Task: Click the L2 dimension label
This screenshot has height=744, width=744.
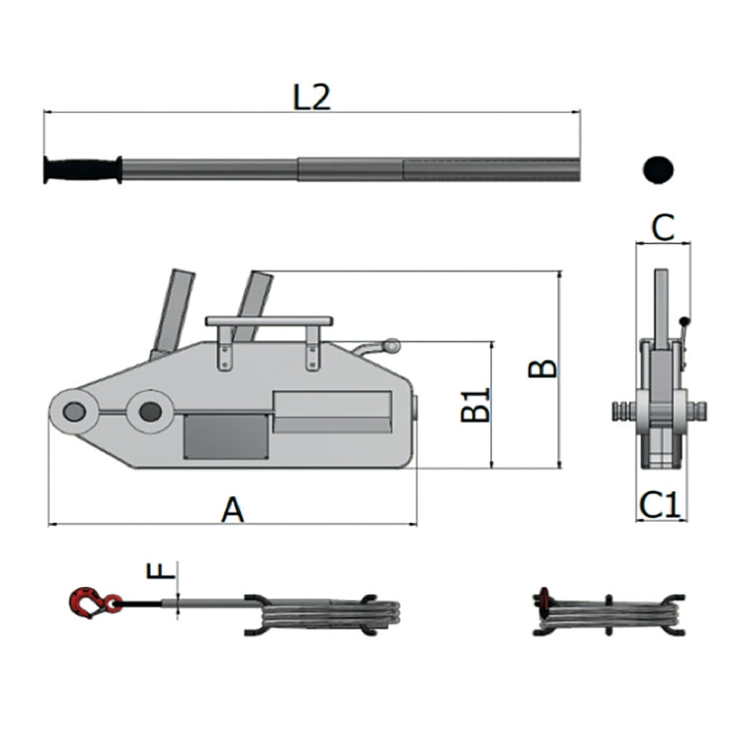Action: tap(311, 97)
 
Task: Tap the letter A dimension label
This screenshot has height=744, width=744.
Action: tap(232, 510)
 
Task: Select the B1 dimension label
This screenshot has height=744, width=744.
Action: tap(475, 405)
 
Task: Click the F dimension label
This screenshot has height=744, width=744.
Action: tap(161, 570)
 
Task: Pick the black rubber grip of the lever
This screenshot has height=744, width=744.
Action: tap(82, 170)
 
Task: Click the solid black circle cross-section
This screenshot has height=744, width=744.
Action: tap(658, 170)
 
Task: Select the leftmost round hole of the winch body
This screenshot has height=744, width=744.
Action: tap(74, 412)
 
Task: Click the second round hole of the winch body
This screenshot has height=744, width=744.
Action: tap(150, 411)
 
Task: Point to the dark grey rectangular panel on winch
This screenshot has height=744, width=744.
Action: tap(226, 436)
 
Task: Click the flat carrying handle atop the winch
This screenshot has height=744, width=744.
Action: tap(269, 321)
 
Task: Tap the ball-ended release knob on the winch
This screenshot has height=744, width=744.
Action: tap(392, 346)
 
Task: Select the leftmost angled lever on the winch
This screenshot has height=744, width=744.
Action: tap(173, 314)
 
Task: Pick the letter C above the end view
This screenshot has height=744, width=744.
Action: tap(664, 228)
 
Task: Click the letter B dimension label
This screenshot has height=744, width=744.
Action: tap(543, 369)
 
